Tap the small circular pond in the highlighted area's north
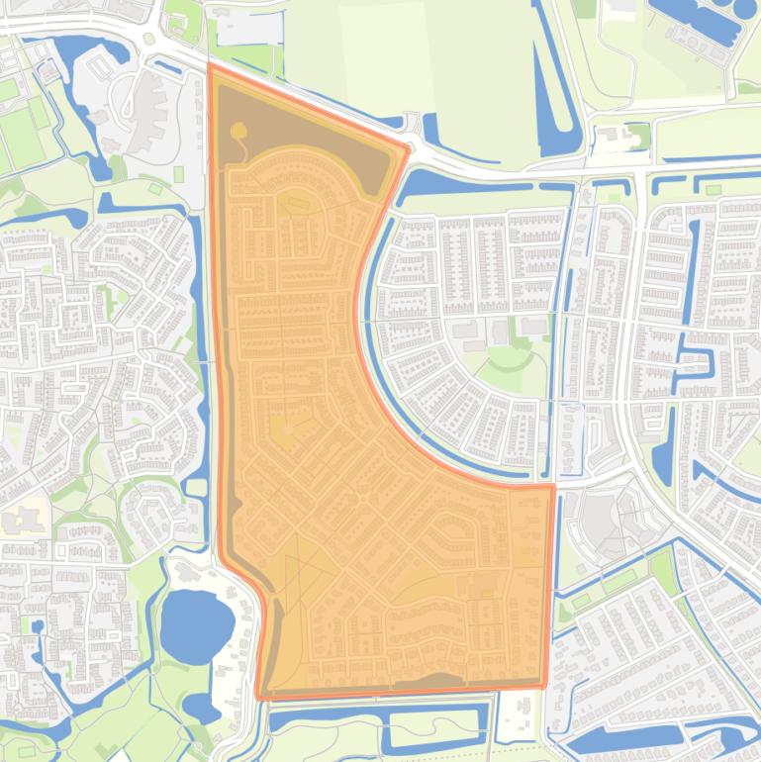point(238,130)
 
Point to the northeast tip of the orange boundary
point(407,149)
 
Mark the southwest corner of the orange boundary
point(261,696)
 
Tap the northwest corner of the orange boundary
point(210,67)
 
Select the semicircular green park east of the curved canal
point(511,366)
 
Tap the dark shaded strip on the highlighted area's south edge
point(435,680)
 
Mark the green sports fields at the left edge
point(20,129)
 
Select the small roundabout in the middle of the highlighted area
point(362,501)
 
